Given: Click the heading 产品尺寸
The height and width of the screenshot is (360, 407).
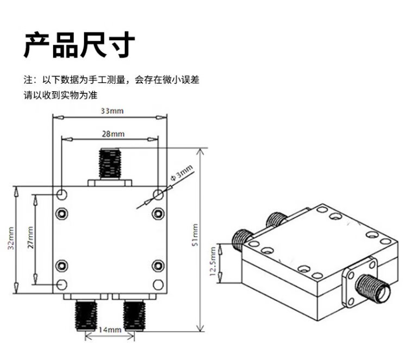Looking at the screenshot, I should pyautogui.click(x=79, y=45).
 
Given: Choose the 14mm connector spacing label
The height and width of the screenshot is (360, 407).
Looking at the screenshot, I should pyautogui.click(x=110, y=330).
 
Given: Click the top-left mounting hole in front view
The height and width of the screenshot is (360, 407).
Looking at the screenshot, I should pyautogui.click(x=62, y=194).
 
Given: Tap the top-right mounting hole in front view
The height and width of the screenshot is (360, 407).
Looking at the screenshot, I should pyautogui.click(x=158, y=194).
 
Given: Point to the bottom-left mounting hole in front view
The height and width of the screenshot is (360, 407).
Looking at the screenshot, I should pyautogui.click(x=62, y=283).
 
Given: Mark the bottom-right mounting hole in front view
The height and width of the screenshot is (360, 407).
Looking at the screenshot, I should pyautogui.click(x=158, y=283).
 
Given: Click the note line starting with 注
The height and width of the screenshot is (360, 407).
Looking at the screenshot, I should pyautogui.click(x=111, y=80).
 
